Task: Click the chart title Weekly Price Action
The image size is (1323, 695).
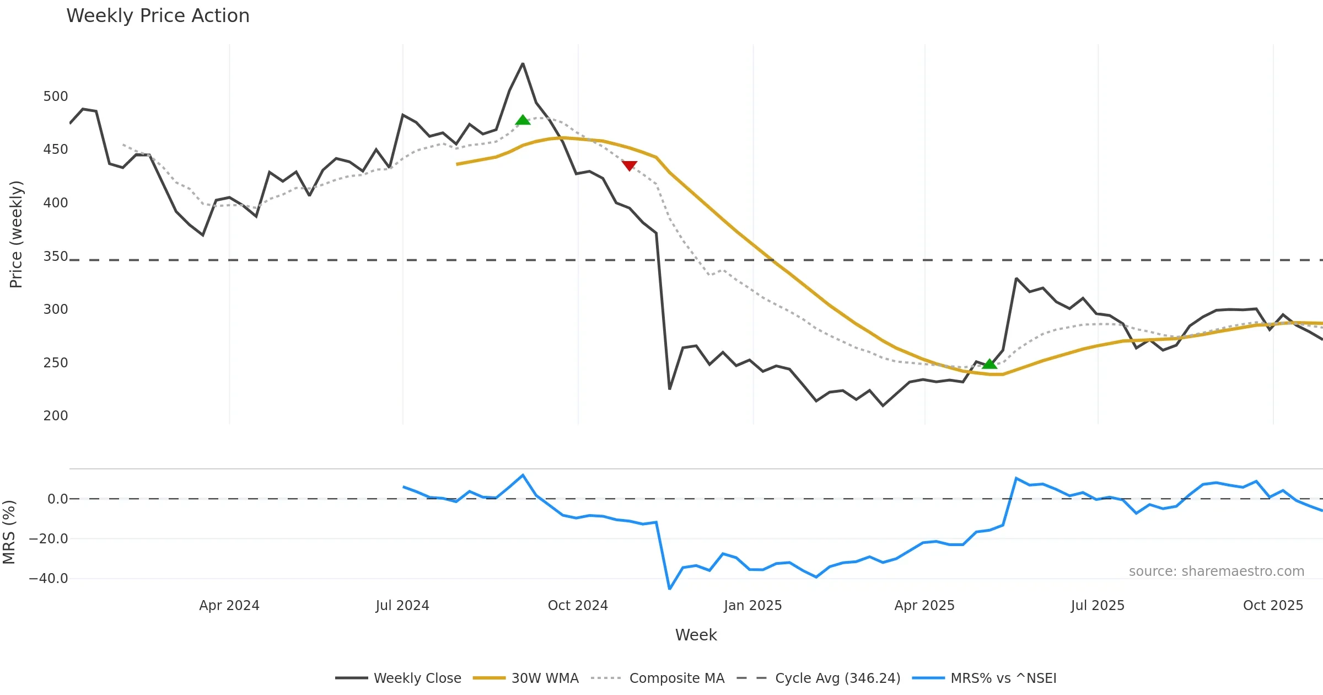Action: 158,16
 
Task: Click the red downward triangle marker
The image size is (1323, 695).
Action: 629,165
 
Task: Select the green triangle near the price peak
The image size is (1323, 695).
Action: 523,120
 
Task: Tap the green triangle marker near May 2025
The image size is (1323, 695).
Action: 989,363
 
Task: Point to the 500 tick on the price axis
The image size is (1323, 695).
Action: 56,97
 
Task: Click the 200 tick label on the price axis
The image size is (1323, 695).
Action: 56,416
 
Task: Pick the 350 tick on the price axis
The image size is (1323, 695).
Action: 56,256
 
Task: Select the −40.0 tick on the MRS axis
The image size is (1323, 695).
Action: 49,579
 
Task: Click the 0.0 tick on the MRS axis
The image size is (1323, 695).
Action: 57,499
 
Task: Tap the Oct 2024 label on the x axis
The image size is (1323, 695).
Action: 578,606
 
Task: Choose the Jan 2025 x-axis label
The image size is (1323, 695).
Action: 753,606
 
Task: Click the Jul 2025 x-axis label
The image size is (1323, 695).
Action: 1098,606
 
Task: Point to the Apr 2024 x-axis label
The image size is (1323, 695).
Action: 229,606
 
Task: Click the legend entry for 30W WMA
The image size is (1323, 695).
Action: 545,678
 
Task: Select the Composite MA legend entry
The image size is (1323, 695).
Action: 676,678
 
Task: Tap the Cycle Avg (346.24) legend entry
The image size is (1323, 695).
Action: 837,678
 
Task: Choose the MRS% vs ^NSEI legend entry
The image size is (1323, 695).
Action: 1003,678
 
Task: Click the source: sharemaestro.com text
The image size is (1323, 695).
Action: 1216,571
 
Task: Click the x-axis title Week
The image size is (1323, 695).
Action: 696,635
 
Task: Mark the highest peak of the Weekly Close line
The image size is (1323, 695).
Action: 523,64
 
